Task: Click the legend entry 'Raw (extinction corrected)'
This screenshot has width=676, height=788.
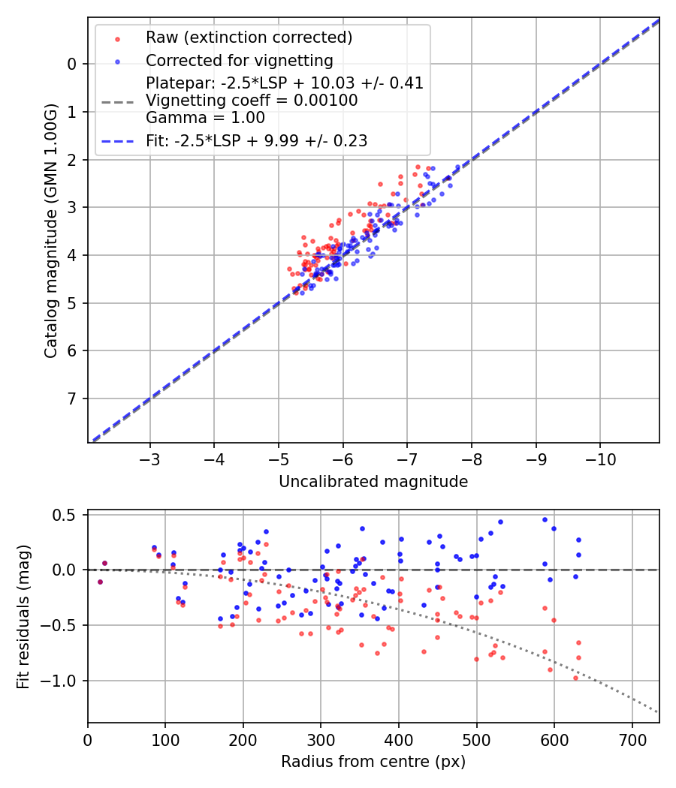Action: pos(249,37)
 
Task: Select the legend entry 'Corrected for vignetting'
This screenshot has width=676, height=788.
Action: pos(240,60)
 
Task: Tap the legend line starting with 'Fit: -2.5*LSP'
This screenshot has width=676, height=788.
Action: pos(256,140)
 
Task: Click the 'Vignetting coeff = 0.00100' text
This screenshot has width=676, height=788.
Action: pos(252,101)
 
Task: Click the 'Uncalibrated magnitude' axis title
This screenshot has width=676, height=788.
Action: pos(373,482)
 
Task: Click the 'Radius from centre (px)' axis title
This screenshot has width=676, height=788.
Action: pos(373,762)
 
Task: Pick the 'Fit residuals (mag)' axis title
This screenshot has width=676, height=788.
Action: pos(23,617)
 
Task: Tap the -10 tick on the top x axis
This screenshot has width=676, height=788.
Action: pos(599,457)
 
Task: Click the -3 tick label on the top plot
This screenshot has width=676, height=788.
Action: pos(150,457)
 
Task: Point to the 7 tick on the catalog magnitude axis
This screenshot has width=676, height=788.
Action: pos(72,399)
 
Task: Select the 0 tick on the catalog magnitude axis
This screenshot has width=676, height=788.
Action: pos(72,64)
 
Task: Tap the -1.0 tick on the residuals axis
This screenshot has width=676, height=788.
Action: pos(63,681)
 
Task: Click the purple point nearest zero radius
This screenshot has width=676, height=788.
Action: pos(100,582)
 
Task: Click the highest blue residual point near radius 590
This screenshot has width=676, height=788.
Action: pos(545,519)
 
